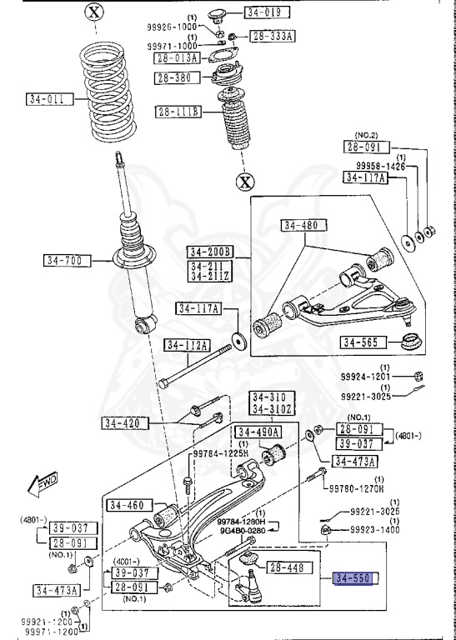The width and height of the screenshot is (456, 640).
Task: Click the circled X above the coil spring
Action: (x=94, y=12)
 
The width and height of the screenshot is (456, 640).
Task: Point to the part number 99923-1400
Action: (x=374, y=529)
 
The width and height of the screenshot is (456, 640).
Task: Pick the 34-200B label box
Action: (x=210, y=252)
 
